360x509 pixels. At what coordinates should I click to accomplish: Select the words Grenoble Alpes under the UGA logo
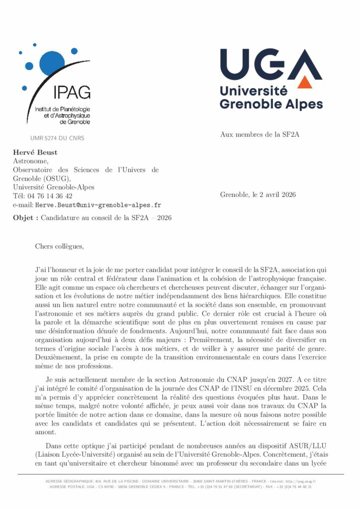[271, 104]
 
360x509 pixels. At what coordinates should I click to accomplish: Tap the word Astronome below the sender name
[30, 161]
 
